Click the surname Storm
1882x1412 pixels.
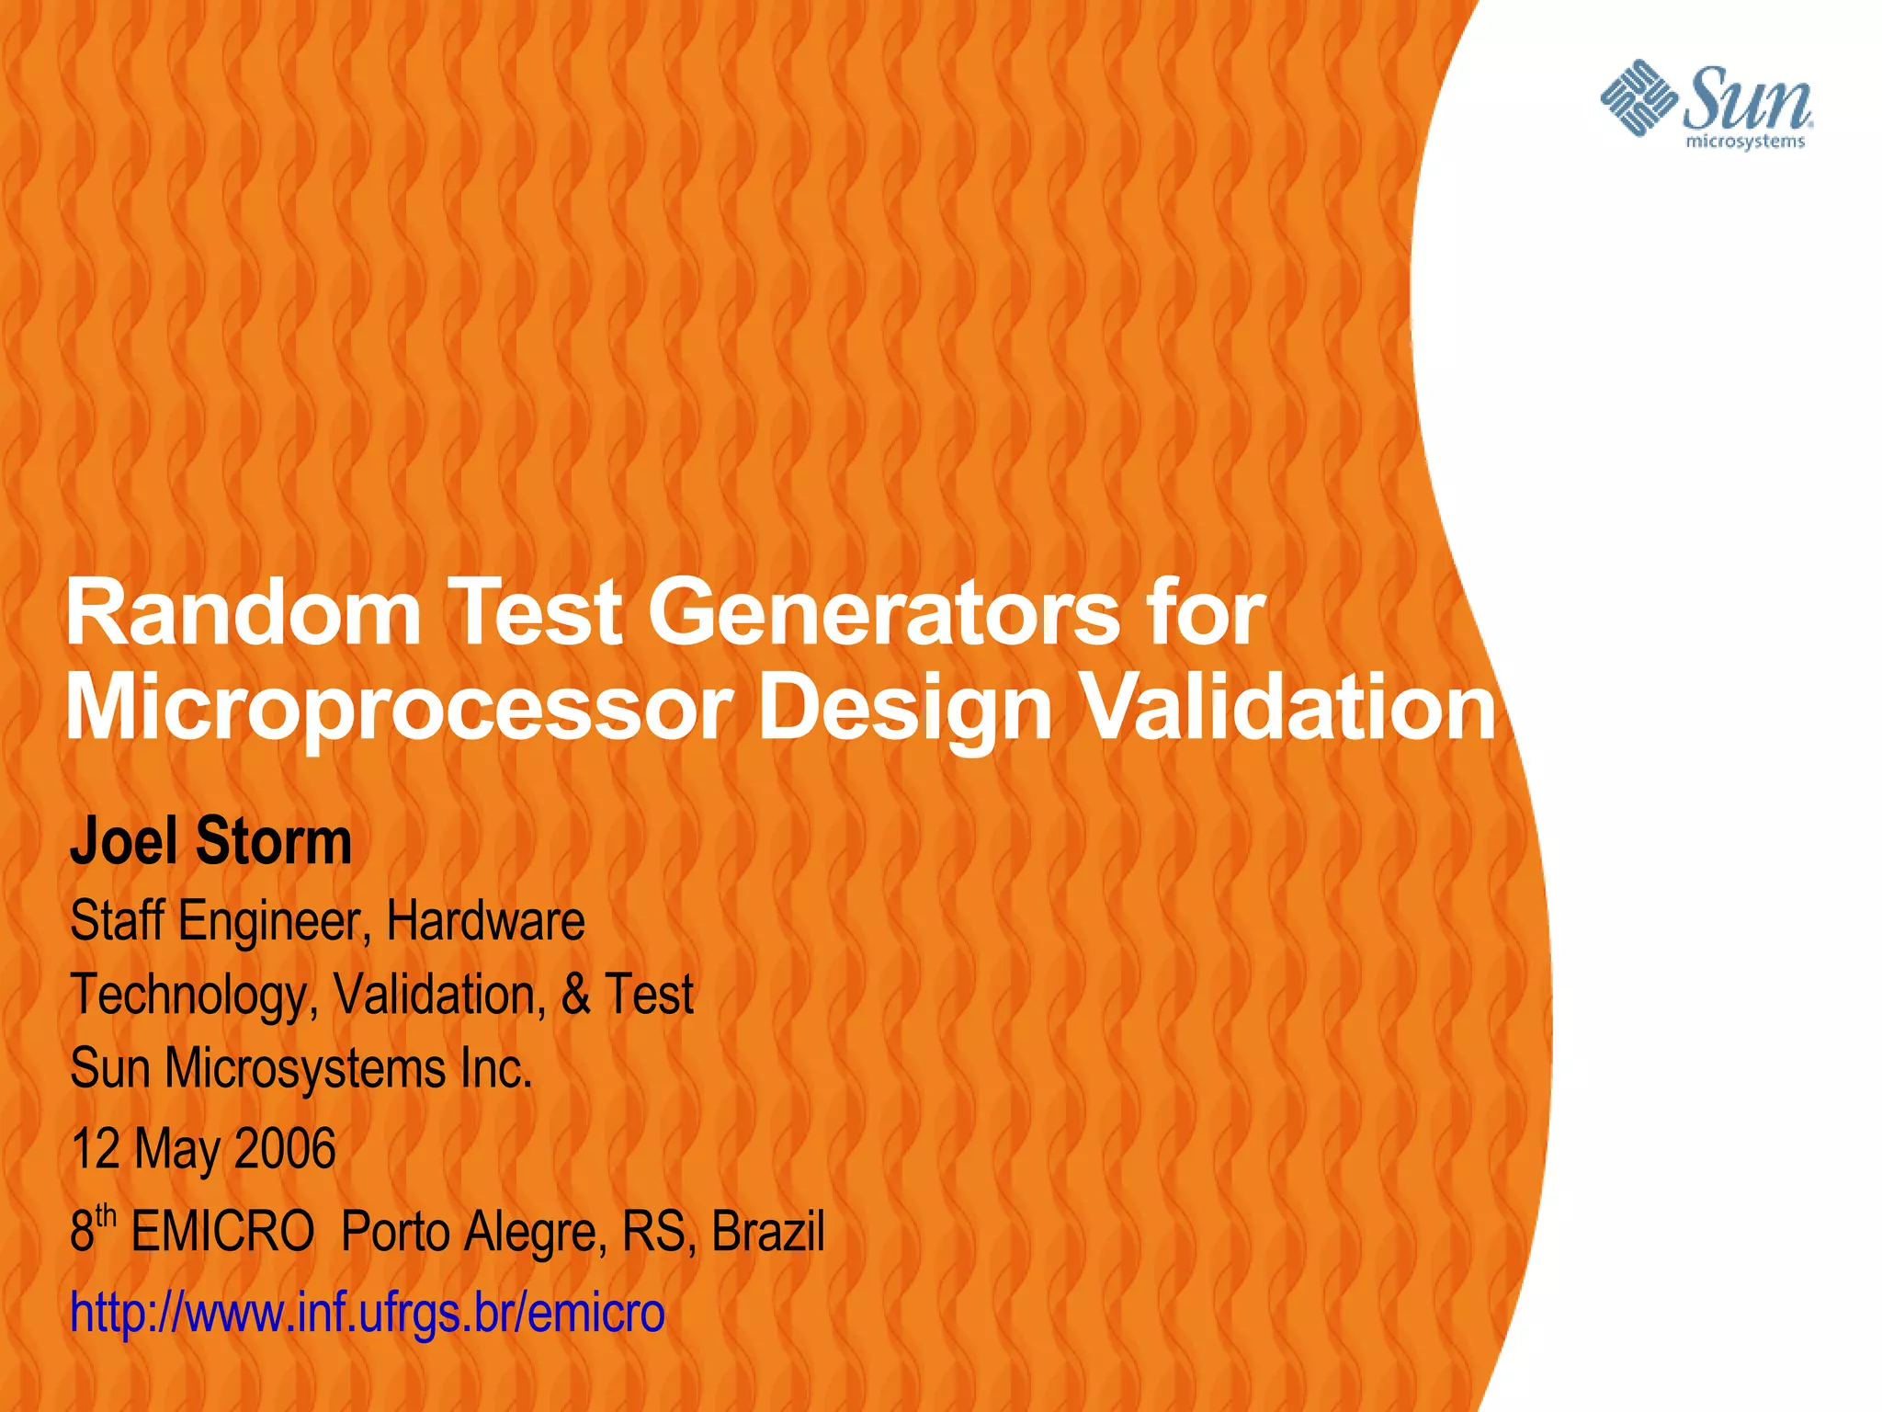[274, 841]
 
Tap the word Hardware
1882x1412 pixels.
[485, 920]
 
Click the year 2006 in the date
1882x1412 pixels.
[285, 1148]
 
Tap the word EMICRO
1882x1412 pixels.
[222, 1231]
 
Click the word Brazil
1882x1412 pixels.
[767, 1231]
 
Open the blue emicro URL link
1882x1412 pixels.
[368, 1312]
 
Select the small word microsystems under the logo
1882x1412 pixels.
[1745, 142]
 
